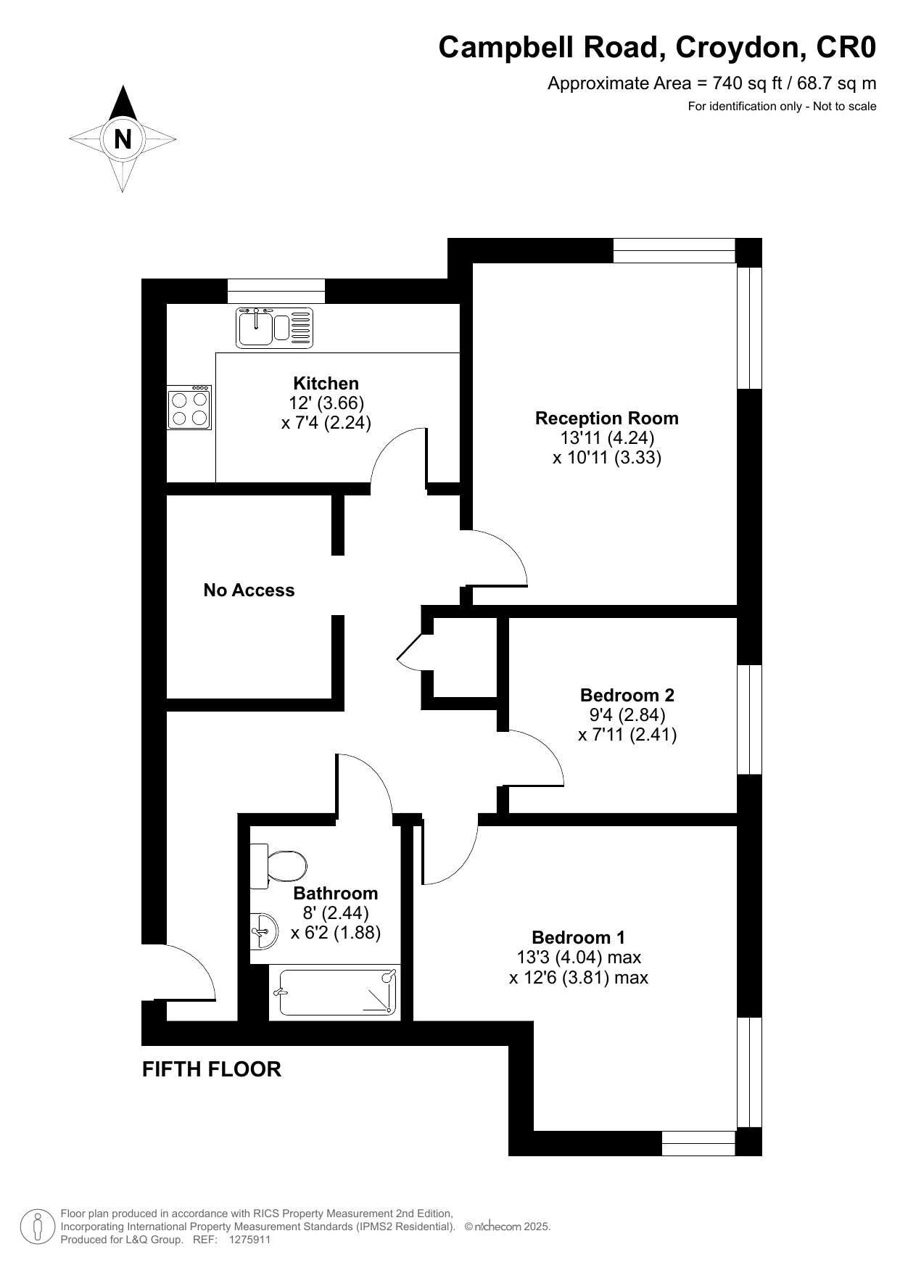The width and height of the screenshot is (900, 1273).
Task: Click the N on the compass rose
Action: tap(123, 139)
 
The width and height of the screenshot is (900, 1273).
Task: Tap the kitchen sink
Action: tap(274, 327)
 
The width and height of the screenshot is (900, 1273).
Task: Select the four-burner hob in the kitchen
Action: tap(189, 407)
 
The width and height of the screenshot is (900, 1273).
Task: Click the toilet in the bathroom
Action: tap(278, 866)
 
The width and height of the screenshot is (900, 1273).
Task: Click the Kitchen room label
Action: tap(326, 383)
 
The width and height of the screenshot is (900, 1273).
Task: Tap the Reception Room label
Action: tap(607, 418)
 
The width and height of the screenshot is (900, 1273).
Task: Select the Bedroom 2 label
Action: tap(627, 695)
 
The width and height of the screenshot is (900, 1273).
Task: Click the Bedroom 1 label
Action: tap(579, 937)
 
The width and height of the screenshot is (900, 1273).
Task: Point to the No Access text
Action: tap(249, 590)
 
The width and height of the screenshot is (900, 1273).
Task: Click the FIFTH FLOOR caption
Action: tap(212, 1069)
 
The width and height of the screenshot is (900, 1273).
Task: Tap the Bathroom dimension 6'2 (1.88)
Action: tap(336, 933)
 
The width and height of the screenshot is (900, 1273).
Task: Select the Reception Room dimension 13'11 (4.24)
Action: tap(607, 437)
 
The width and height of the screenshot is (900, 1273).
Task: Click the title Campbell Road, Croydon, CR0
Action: tap(658, 47)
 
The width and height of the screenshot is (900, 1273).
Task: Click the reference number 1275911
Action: tap(249, 1240)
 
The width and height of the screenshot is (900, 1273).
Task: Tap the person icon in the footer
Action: tap(38, 1227)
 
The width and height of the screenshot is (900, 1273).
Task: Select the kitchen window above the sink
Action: tap(276, 291)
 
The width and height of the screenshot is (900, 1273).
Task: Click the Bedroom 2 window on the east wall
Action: tap(750, 720)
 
